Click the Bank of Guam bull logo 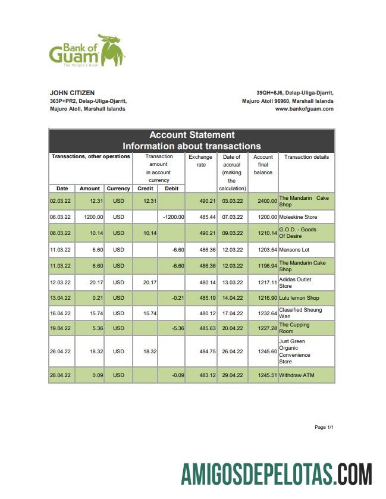click(111, 50)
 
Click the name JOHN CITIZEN click(72, 93)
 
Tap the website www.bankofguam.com click(304, 109)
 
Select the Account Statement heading click(192, 135)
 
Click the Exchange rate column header click(200, 161)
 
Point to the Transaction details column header click(306, 157)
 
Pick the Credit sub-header click(145, 189)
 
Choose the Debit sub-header click(171, 189)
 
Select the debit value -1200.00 click(173, 217)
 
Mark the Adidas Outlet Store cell click(295, 283)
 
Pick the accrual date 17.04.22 click(232, 313)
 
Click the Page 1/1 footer click(324, 428)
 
